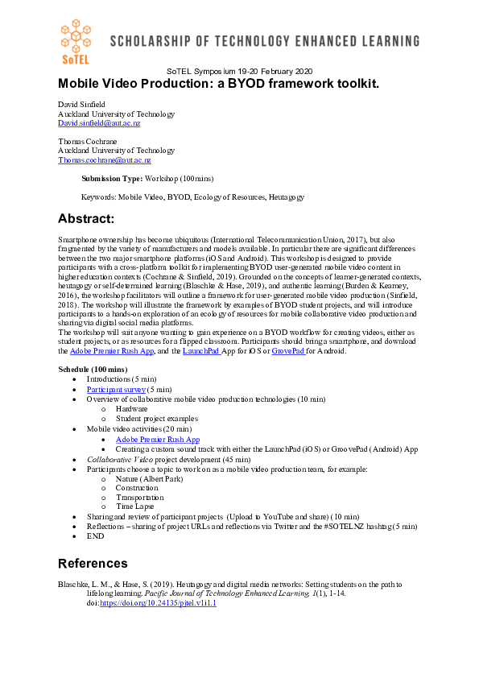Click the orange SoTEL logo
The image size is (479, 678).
coord(77,39)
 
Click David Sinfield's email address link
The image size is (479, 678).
coord(99,123)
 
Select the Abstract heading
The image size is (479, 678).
coord(86,219)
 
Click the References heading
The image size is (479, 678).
coord(93,563)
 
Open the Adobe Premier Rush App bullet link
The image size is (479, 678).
coord(157,440)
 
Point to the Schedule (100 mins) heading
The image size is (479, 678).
coord(93,369)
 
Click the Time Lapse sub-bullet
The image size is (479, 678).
coord(134,506)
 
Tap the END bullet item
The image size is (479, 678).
coord(96,536)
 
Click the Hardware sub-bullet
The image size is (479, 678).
coord(131,409)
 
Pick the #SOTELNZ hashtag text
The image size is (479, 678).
coord(327,527)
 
